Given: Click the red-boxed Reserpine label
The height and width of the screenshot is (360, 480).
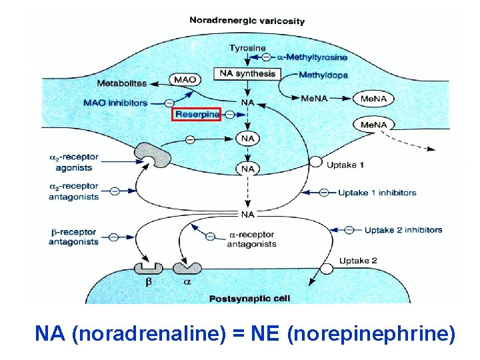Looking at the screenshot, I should click(197, 115).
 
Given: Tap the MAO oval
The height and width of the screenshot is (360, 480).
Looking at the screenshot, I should click(185, 80).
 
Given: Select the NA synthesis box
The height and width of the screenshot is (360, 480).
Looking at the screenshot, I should click(247, 73).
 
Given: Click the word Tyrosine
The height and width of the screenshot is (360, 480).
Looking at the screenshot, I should click(247, 48).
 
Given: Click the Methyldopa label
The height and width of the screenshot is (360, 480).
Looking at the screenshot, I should click(323, 75).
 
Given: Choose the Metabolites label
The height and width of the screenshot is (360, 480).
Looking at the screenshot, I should click(122, 83).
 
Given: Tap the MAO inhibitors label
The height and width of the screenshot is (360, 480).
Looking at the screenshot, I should click(116, 103).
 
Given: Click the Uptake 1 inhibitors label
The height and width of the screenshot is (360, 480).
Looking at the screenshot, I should click(377, 193).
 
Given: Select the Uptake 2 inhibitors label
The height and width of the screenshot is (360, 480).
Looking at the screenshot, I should click(403, 230).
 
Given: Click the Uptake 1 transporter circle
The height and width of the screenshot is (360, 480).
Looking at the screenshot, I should click(315, 163).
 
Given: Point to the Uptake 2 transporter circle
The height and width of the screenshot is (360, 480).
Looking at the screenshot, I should click(327, 269).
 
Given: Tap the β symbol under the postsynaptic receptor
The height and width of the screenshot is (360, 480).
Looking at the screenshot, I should click(149, 283).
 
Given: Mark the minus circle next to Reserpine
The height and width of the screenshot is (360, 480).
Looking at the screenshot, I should click(230, 115).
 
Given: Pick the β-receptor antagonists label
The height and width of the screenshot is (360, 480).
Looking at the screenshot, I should click(73, 237).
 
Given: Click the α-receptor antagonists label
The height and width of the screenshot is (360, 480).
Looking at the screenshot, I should click(252, 239).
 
